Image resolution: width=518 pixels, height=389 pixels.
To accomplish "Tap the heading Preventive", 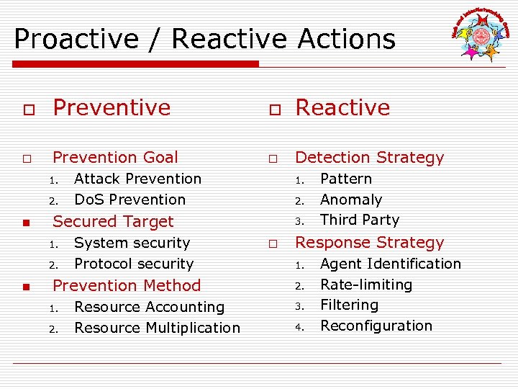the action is pos(112,107).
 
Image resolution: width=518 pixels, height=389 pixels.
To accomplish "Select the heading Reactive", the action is pos(342,107).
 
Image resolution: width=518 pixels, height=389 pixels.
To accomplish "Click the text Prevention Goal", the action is pos(115,157).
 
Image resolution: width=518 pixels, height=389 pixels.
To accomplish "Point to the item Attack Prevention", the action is pos(137,179).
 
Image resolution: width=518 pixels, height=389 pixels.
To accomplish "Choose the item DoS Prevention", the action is pos(129,200).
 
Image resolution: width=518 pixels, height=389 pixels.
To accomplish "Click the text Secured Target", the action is pos(113,221).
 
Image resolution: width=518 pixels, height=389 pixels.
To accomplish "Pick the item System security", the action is pos(132,243).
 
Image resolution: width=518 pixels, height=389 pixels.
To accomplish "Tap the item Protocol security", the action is pos(134,264).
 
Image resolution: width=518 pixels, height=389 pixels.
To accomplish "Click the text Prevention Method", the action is pos(127,285).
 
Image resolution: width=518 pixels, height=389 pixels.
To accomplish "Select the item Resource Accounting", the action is pos(149,307).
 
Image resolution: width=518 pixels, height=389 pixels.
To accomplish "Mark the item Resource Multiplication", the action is pos(157,328).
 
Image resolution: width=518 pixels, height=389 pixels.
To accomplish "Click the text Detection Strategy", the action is pos(370,157).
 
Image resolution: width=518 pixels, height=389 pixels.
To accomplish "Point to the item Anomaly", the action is pos(351,200).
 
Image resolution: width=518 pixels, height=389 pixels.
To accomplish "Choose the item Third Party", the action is pos(360,220).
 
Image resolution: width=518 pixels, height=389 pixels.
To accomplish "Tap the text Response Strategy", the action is pos(370,242).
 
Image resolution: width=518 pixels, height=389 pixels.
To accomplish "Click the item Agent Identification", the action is pos(391,264).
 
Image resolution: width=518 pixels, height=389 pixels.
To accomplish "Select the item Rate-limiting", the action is pos(366,285).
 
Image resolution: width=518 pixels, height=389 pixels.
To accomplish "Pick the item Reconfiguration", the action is pos(376,326).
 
